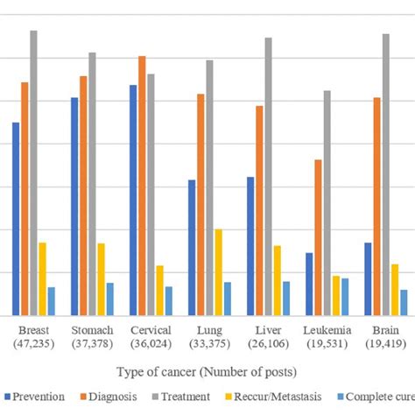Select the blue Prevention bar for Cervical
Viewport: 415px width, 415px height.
[133, 200]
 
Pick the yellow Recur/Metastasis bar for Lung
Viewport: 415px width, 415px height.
[219, 272]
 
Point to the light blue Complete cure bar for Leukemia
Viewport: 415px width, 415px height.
[345, 297]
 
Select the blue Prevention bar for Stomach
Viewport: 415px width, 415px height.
[74, 207]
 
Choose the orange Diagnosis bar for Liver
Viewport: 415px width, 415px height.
[260, 211]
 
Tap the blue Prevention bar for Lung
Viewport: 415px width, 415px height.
[192, 248]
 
